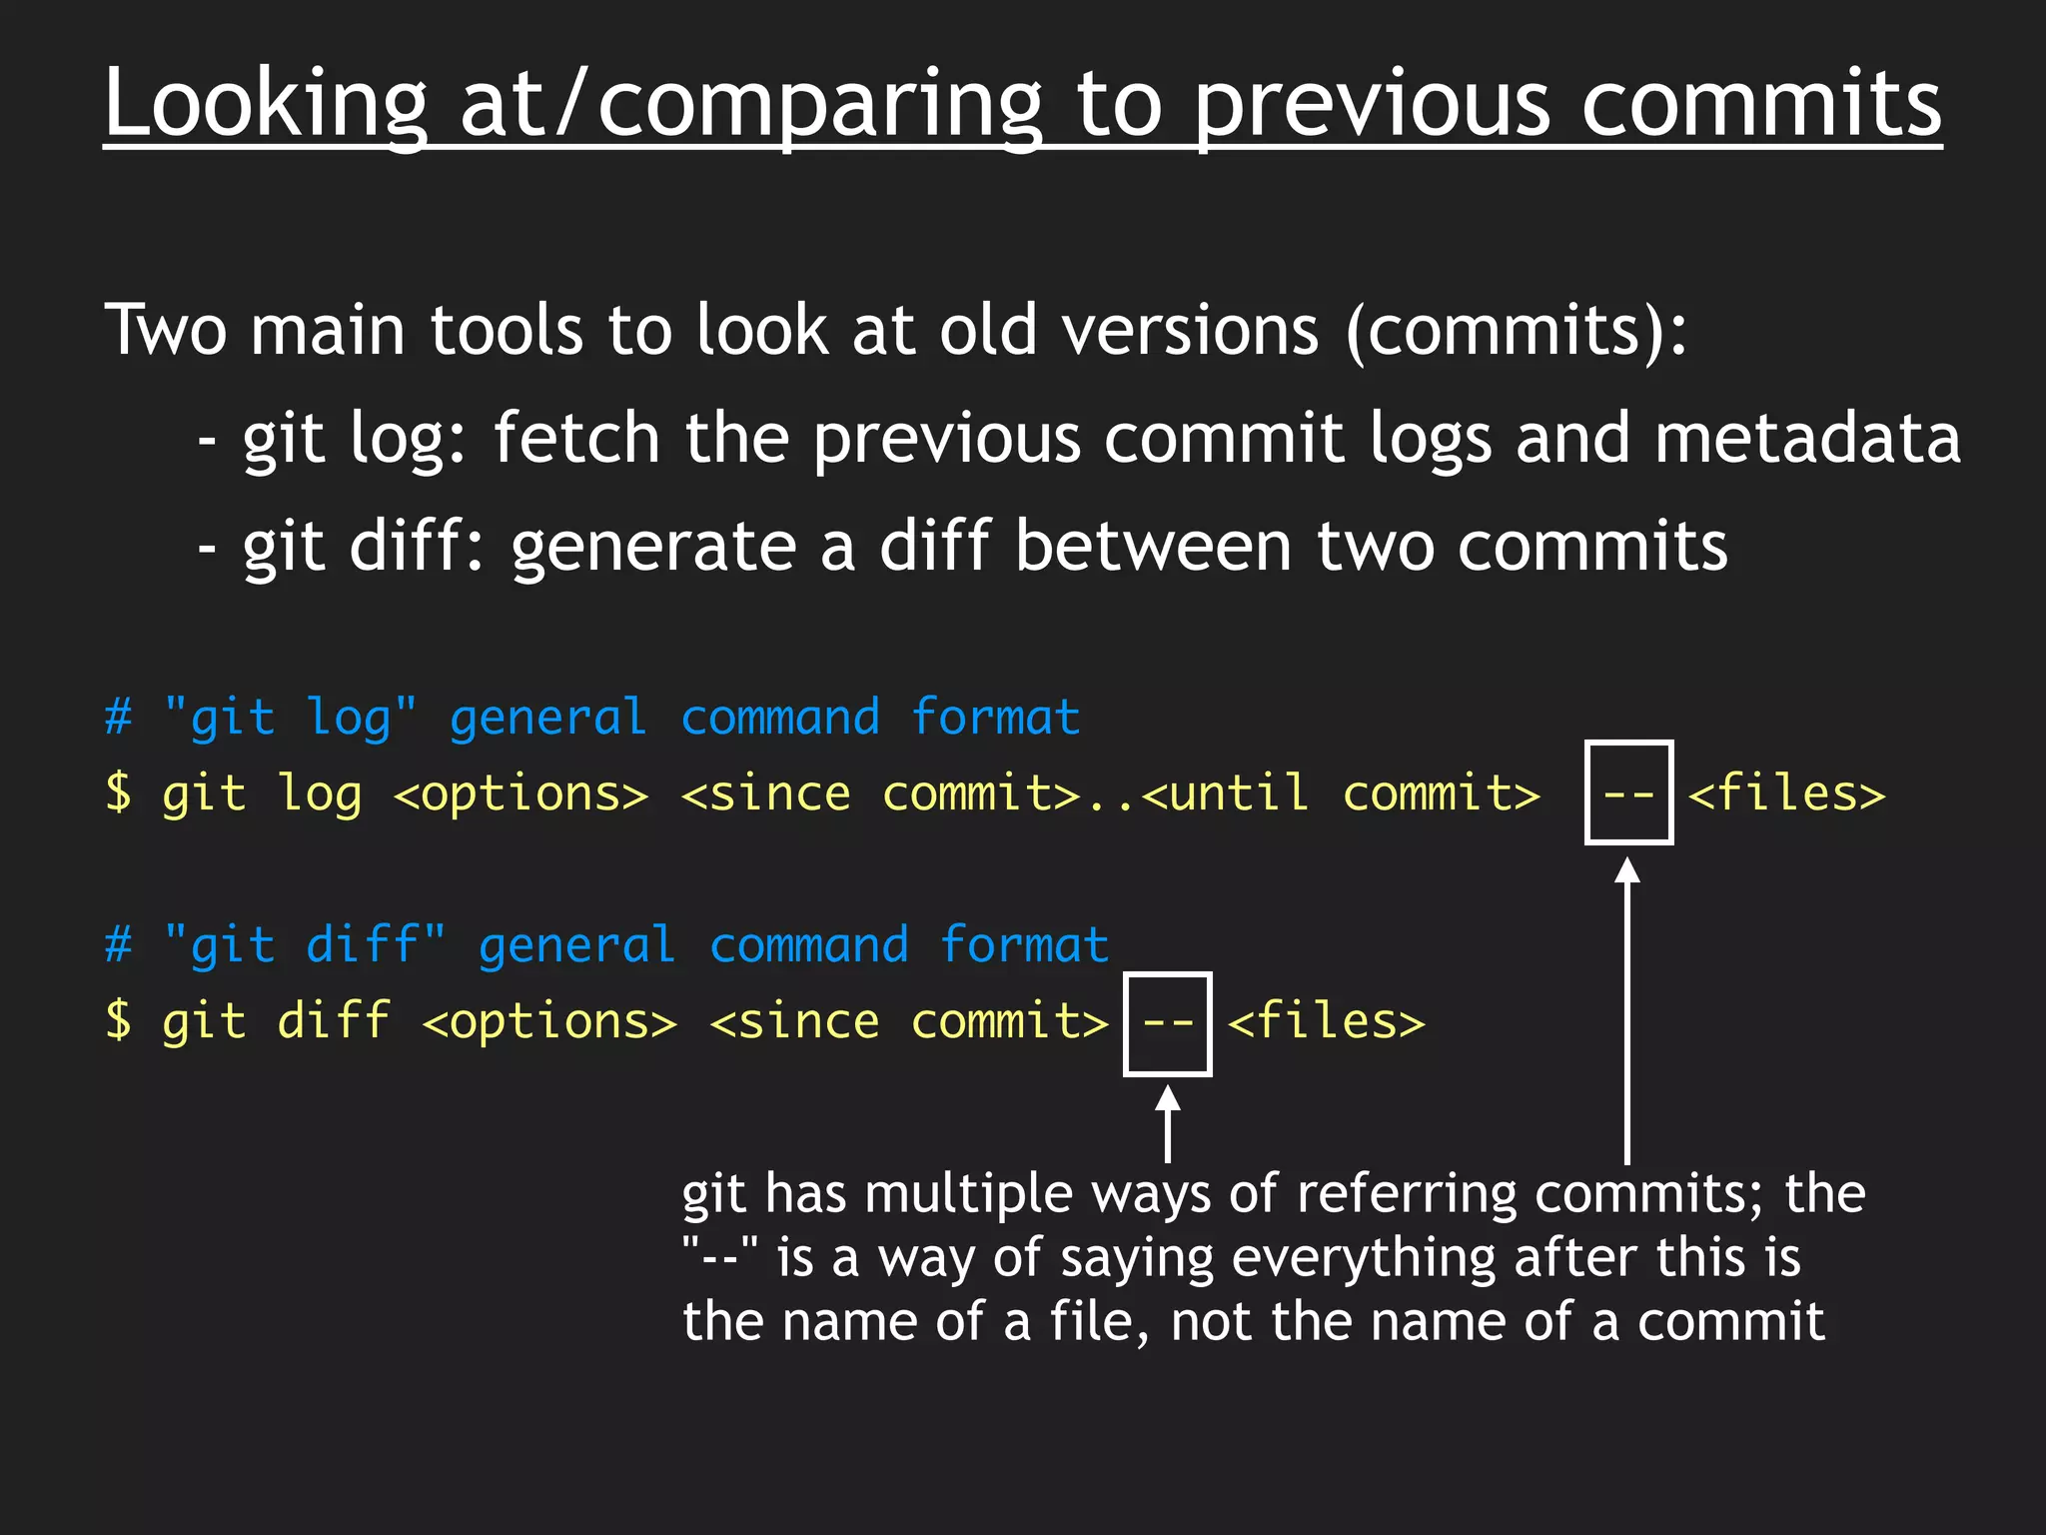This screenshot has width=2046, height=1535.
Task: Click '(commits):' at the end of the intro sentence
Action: [1515, 330]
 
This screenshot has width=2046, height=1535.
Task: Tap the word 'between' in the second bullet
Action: [1153, 547]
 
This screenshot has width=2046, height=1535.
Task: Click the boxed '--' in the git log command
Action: [1628, 793]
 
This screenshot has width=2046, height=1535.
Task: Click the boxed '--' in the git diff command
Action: [1167, 1022]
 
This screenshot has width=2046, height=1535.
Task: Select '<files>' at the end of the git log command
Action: [1786, 793]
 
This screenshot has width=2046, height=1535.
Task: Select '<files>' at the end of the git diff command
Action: [1326, 1022]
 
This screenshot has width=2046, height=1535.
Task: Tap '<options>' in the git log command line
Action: [520, 793]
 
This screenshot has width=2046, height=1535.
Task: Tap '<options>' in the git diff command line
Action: [549, 1022]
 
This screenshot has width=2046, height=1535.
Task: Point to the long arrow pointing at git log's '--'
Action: [1627, 1009]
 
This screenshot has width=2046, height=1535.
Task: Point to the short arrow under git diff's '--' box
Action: [1167, 1124]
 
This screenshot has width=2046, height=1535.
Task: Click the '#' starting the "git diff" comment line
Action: [118, 944]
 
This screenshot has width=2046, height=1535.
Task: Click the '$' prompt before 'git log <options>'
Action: [118, 793]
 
